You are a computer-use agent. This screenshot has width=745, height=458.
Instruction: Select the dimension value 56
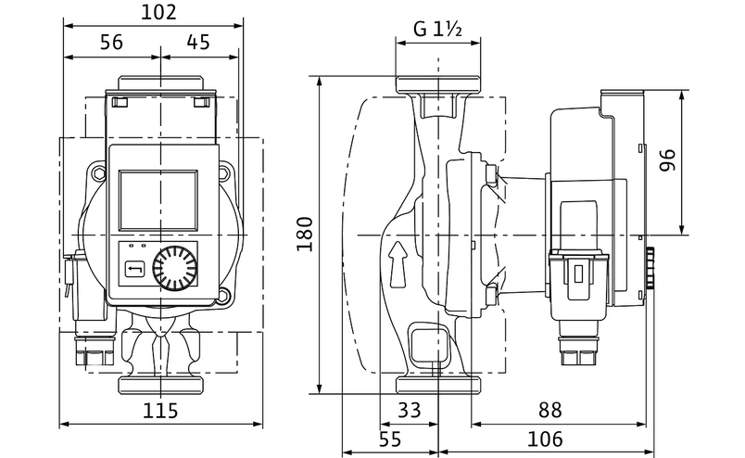[111, 43]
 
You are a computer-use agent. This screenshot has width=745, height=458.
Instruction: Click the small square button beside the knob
[133, 270]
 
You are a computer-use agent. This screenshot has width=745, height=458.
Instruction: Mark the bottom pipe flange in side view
[438, 385]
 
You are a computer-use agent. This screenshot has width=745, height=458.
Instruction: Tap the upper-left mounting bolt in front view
[98, 173]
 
